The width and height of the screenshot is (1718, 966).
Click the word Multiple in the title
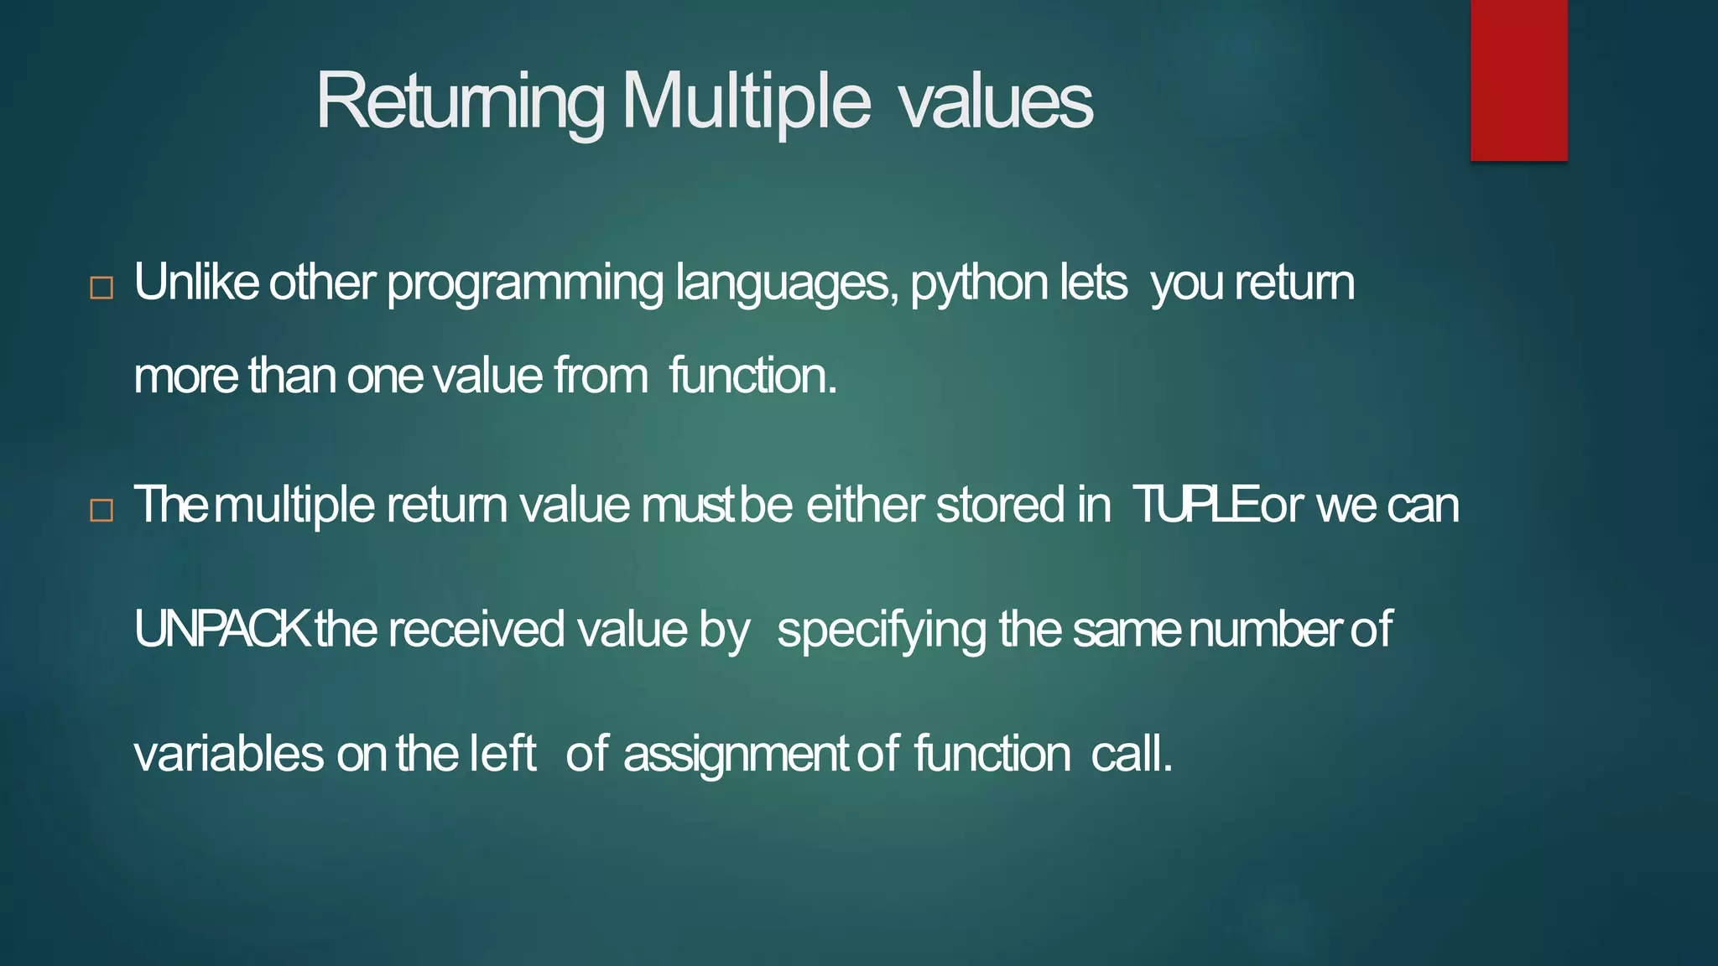click(746, 101)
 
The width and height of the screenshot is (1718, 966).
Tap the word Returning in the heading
click(460, 101)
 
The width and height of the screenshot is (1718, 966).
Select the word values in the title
click(995, 101)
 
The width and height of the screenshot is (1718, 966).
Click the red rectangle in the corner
click(1518, 80)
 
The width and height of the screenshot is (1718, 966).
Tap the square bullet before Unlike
click(102, 288)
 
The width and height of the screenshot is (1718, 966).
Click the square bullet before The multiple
click(102, 510)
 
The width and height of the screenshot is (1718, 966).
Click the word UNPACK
click(222, 629)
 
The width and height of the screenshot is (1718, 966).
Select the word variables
click(229, 753)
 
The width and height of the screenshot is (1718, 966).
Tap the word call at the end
click(1130, 753)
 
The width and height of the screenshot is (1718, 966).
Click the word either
click(865, 505)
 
